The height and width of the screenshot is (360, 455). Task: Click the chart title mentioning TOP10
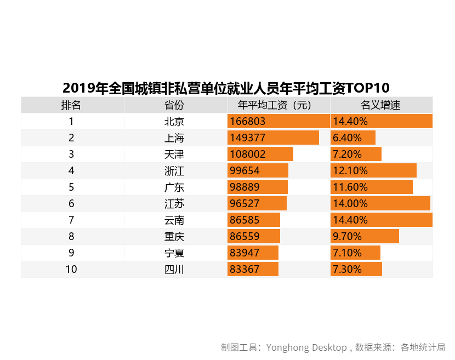[x=226, y=88]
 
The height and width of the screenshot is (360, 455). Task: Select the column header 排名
[x=72, y=105]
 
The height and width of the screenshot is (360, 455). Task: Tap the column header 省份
[x=175, y=105]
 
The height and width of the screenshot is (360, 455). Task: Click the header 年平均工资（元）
[x=278, y=105]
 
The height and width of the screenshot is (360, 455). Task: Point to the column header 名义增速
[x=381, y=105]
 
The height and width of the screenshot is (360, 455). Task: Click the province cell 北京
[x=175, y=122]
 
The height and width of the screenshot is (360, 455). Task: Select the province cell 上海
[x=175, y=138]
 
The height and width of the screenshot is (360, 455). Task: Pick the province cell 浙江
[x=175, y=171]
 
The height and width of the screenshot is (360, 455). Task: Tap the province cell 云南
[x=175, y=220]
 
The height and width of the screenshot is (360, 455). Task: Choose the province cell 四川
[x=175, y=270]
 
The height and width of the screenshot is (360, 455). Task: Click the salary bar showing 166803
[x=278, y=122]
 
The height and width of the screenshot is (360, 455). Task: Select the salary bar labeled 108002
[x=260, y=155]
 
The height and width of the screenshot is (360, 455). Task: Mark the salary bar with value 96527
[x=257, y=204]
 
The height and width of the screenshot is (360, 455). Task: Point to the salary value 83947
[x=244, y=253]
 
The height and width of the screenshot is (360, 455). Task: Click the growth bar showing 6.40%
[x=353, y=138]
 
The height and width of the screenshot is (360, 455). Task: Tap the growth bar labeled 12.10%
[x=373, y=171]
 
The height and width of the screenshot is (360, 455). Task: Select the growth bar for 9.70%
[x=365, y=237]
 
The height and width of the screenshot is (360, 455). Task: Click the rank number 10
[x=72, y=270]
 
